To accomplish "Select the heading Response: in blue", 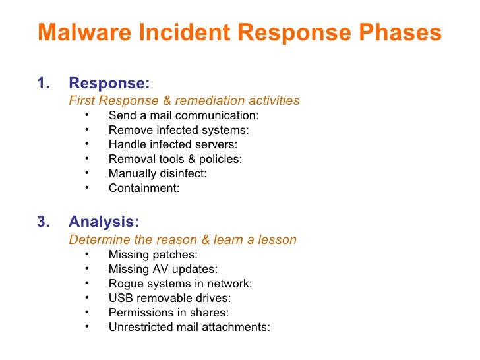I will pyautogui.click(x=109, y=84).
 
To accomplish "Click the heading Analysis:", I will pyautogui.click(x=104, y=222).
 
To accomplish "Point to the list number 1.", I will pyautogui.click(x=43, y=84).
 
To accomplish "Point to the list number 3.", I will pyautogui.click(x=43, y=222).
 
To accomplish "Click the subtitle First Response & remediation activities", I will pyautogui.click(x=184, y=101).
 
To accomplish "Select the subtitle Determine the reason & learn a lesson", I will pyautogui.click(x=183, y=239).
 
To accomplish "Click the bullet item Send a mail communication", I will pyautogui.click(x=183, y=116).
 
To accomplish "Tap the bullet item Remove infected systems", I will pyautogui.click(x=178, y=131).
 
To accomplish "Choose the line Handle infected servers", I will pyautogui.click(x=173, y=144).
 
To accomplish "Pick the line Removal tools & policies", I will pyautogui.click(x=175, y=159).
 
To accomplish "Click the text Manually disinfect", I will pyautogui.click(x=158, y=173).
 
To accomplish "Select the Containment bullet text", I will pyautogui.click(x=144, y=188).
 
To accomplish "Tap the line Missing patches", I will pyautogui.click(x=153, y=255).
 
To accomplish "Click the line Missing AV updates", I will pyautogui.click(x=163, y=269).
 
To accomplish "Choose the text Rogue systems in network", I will pyautogui.click(x=180, y=284).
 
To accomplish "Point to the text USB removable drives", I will pyautogui.click(x=169, y=298).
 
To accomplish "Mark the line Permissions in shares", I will pyautogui.click(x=168, y=313).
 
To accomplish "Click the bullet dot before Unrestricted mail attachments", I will pyautogui.click(x=86, y=326).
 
